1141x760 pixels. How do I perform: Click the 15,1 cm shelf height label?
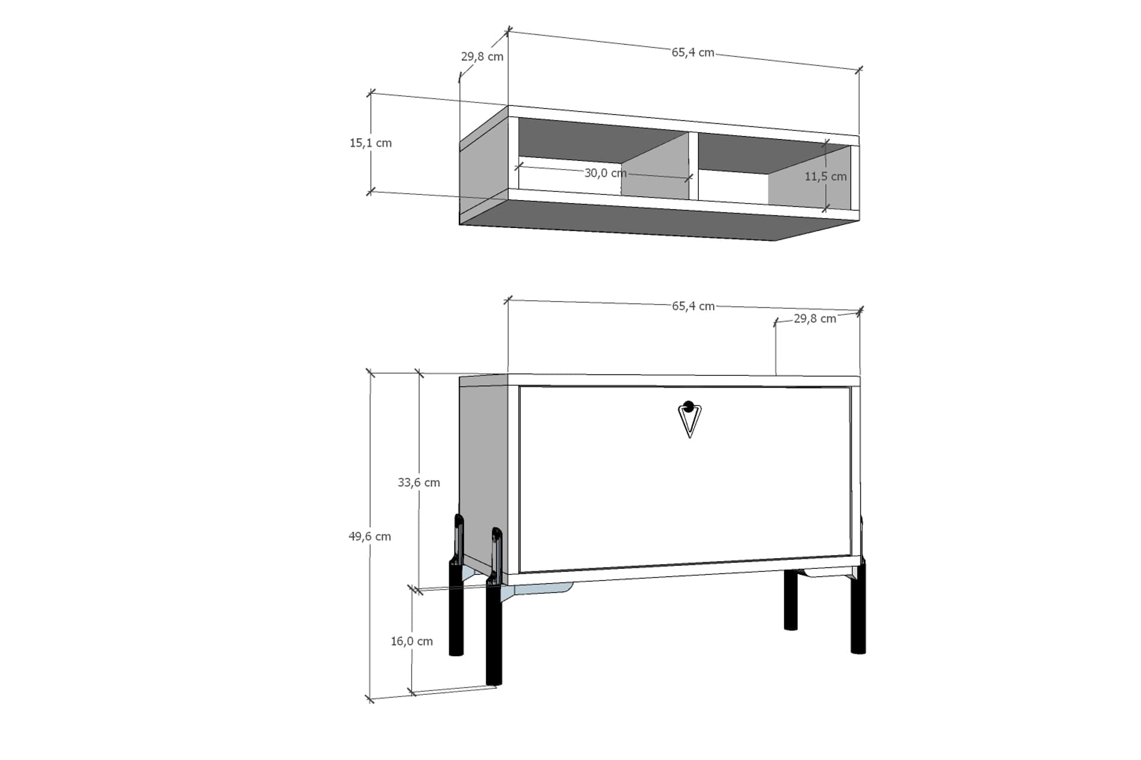(x=371, y=143)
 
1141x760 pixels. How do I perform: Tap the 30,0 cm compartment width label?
(x=606, y=173)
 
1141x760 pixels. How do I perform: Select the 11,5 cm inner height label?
(x=825, y=176)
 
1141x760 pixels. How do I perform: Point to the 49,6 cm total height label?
(x=370, y=537)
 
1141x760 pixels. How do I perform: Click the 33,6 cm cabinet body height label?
(x=419, y=483)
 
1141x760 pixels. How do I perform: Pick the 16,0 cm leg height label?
(x=412, y=641)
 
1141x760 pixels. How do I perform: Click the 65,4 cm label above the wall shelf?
(x=693, y=52)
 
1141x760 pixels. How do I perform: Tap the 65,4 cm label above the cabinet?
(x=694, y=306)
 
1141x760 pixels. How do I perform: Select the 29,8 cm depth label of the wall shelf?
(x=482, y=57)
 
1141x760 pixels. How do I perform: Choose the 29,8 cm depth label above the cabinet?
(x=815, y=319)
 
